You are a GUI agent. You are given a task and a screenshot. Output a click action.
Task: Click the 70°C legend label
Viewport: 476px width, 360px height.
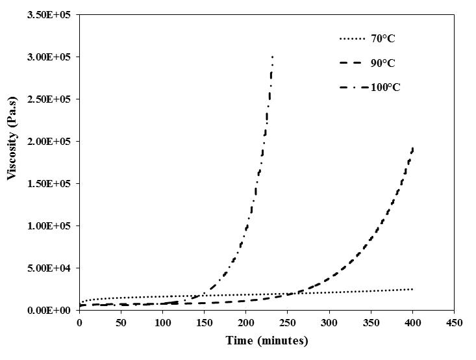pos(382,39)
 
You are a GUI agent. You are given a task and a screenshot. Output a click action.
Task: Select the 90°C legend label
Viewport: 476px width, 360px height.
pos(382,63)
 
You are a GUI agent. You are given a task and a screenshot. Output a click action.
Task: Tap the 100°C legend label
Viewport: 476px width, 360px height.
pos(386,87)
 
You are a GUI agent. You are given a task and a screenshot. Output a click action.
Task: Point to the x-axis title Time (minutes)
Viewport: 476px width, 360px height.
pos(267,341)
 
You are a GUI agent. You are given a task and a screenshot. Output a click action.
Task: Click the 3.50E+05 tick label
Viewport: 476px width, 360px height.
pos(50,14)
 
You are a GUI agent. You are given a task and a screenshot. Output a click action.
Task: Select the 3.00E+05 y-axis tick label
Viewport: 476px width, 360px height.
pos(50,57)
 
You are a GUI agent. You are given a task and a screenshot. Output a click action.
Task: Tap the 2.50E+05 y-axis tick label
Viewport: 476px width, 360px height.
pos(50,99)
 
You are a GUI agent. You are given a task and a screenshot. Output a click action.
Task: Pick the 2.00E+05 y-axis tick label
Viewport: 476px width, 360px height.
pos(50,141)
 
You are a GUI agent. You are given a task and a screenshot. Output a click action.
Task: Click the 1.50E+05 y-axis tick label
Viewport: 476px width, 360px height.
pos(50,183)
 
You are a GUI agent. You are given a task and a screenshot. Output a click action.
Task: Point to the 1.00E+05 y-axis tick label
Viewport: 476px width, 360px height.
pos(50,225)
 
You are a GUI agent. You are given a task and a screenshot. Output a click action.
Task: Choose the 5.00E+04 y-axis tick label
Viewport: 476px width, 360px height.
pos(50,268)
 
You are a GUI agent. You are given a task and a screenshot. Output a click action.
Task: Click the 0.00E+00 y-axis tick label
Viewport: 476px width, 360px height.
pos(50,310)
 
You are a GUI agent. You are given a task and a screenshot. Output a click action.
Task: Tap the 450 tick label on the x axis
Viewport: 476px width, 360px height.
pos(455,322)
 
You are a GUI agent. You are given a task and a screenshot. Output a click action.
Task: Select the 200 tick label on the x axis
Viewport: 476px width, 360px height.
pos(246,322)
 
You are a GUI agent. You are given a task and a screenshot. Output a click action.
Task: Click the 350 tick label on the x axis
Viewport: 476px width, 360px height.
pos(371,322)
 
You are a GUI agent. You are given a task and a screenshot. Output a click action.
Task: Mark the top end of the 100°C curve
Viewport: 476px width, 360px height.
pos(272,57)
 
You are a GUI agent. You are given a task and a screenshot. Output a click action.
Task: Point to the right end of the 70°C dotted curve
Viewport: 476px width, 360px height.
pos(412,289)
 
